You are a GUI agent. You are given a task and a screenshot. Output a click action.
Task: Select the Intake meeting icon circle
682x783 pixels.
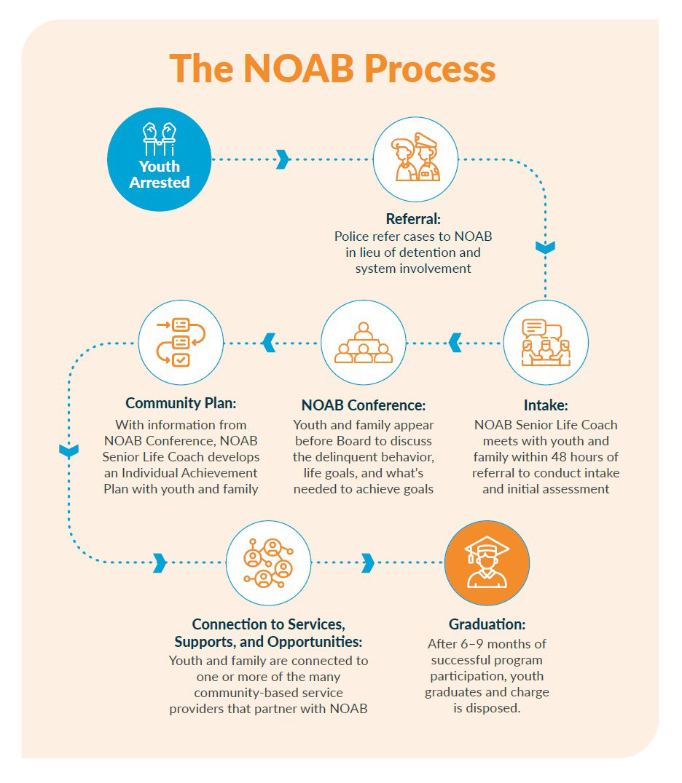coord(546,342)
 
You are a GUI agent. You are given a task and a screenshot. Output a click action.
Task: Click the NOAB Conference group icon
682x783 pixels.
coord(363,342)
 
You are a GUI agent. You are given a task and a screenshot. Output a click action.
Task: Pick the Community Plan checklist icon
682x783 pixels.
coord(181,342)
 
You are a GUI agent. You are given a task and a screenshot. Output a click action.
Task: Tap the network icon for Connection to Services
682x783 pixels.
coord(268,563)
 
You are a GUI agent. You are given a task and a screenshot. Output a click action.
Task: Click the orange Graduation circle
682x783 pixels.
coord(487,563)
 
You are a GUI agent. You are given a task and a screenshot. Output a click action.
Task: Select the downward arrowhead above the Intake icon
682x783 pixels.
coord(545,247)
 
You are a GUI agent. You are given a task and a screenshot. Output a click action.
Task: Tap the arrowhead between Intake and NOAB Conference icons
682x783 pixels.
coord(455,342)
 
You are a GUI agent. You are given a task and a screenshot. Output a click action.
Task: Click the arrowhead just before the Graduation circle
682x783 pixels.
coord(368,563)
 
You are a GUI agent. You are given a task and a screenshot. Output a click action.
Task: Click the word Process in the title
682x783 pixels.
coord(430,69)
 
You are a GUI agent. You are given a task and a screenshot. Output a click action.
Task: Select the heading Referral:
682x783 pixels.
coord(414,218)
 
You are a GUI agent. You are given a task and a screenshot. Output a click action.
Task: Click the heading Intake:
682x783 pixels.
coord(545,405)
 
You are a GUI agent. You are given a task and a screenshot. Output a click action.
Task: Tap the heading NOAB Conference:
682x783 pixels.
coord(363,405)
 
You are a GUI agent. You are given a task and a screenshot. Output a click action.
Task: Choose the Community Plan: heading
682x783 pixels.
coord(181,403)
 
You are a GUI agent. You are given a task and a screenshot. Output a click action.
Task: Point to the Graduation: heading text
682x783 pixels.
coord(487,624)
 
